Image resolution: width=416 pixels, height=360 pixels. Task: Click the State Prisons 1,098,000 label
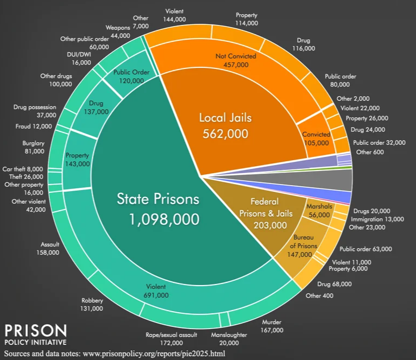157,209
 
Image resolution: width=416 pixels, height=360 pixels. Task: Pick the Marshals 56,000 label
318,211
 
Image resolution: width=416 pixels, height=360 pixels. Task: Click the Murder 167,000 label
272,326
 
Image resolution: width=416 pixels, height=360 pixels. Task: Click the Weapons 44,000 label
120,31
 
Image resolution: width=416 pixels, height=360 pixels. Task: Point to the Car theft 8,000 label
24,169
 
